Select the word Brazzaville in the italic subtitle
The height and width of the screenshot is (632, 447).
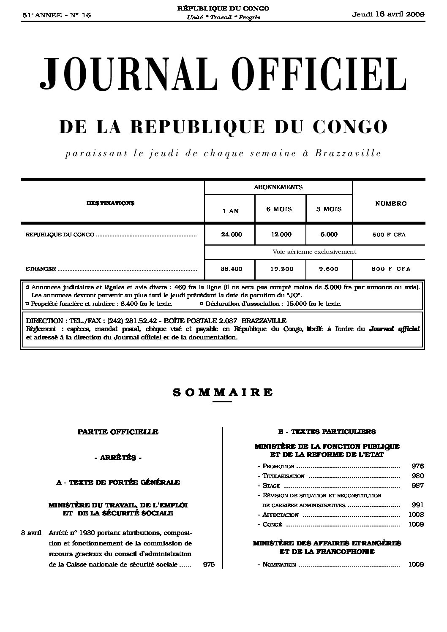[348, 153]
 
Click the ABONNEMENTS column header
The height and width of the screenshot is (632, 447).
[278, 187]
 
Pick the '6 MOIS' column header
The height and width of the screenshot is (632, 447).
[279, 209]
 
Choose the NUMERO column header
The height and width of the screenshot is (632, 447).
[391, 203]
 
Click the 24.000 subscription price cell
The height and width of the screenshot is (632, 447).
[231, 235]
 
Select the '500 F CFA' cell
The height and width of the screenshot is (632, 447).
[389, 235]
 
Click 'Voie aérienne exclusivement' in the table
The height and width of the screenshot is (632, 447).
[314, 252]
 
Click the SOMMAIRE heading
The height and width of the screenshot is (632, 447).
[223, 392]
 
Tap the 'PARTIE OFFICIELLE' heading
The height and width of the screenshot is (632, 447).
[118, 432]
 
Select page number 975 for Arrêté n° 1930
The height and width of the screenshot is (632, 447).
[209, 564]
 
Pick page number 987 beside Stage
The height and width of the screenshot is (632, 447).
[417, 486]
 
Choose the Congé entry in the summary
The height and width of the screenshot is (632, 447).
[273, 525]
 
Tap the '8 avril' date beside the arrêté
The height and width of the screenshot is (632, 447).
[31, 533]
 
